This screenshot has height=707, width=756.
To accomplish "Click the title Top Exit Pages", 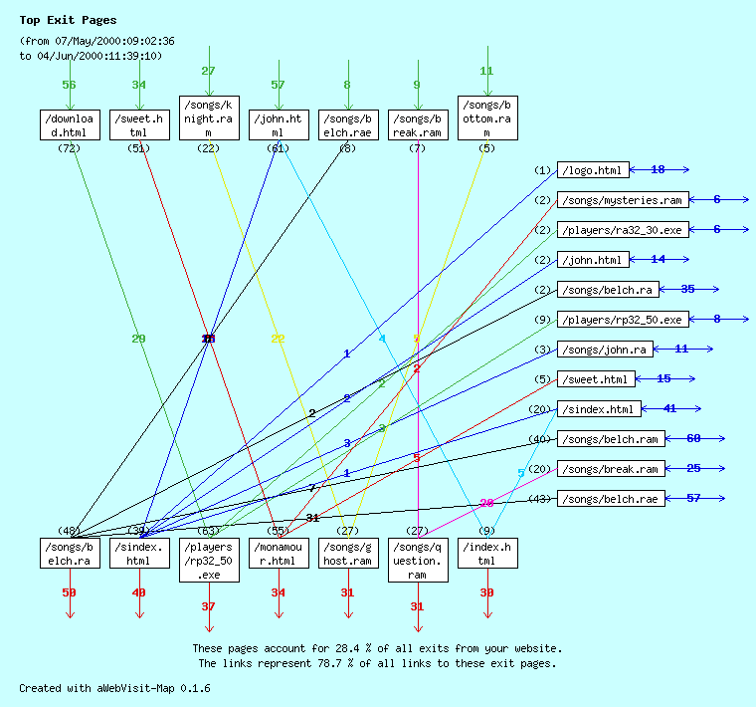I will (68, 20).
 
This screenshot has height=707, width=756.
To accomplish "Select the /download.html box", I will (70, 124).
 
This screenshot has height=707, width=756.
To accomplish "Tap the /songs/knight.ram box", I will (209, 118).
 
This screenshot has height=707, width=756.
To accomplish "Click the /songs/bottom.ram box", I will (487, 118).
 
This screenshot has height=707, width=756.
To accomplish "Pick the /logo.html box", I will (593, 170).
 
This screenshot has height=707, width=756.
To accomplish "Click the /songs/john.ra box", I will (605, 350).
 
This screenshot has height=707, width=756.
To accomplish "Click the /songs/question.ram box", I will (418, 560).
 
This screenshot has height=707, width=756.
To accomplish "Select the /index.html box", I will (487, 553).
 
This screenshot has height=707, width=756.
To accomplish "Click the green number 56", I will (69, 85).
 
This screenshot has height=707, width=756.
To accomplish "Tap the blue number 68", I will (693, 439).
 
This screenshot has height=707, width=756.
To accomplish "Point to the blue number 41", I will (669, 409).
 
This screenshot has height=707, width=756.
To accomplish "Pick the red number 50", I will (69, 592).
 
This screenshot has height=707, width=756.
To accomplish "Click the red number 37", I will (208, 606).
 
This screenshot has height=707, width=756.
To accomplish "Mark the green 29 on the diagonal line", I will (138, 339).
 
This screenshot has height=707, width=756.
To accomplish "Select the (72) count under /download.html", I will (69, 148).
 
